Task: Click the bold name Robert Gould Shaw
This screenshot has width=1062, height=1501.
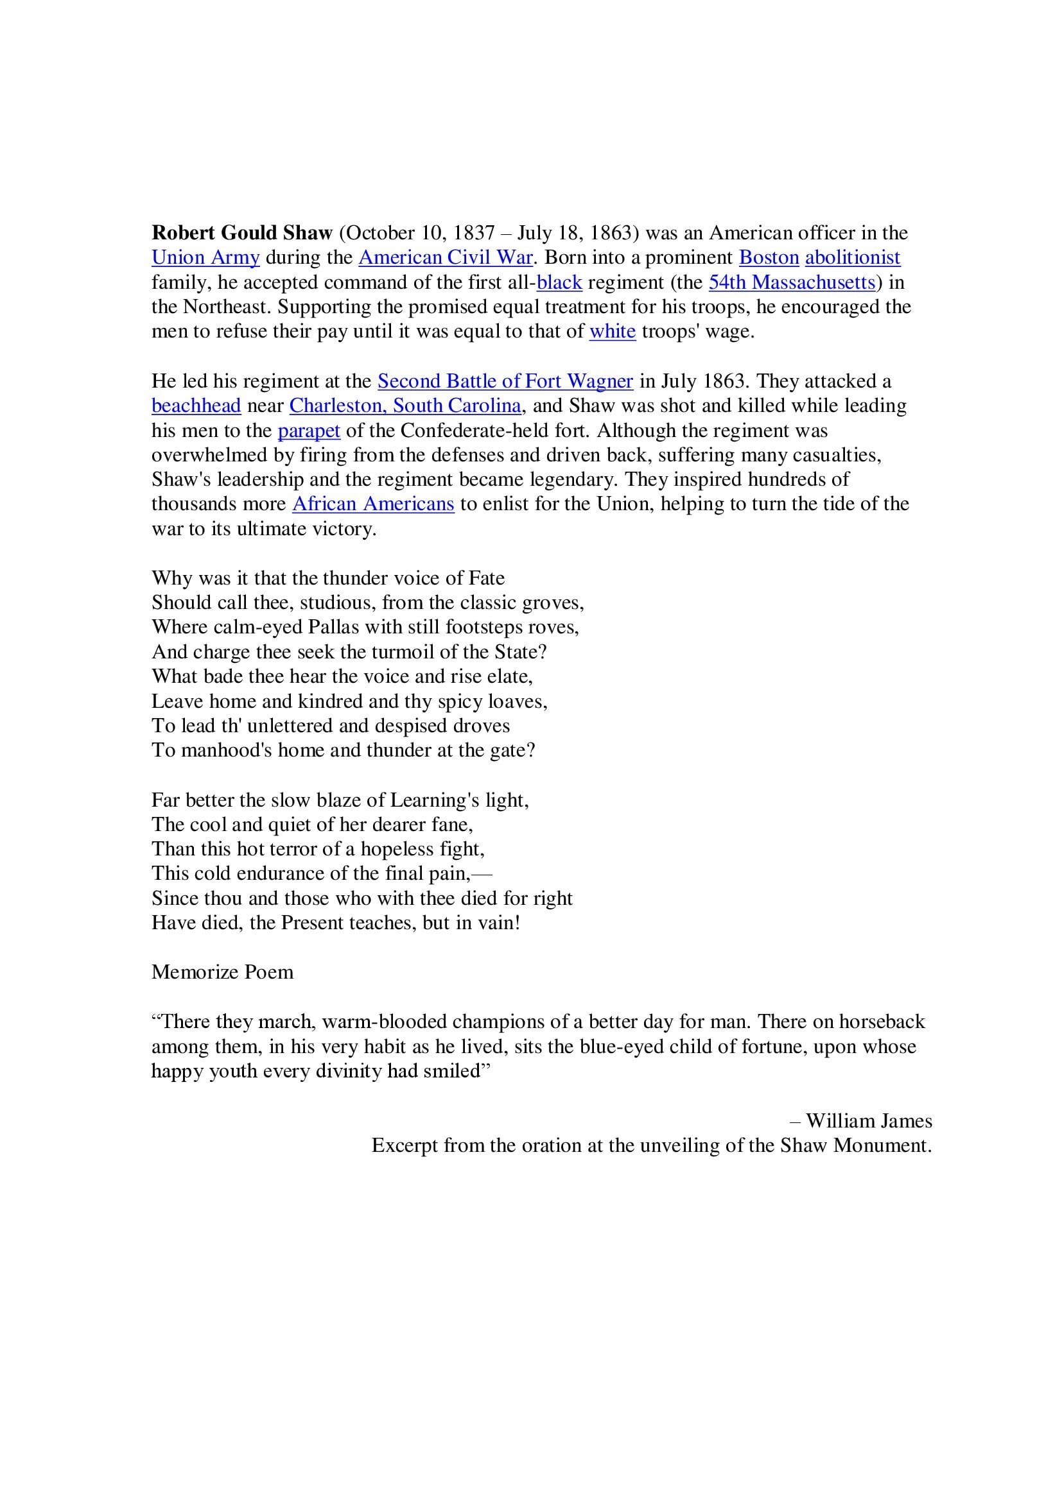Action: pos(242,234)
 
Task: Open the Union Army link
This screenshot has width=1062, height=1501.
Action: pos(205,257)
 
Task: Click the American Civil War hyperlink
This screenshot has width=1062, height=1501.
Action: pos(446,257)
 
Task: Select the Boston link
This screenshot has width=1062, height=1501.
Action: pos(769,257)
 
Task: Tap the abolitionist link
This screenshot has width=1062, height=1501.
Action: pos(852,257)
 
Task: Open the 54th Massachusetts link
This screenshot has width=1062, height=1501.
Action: pos(791,282)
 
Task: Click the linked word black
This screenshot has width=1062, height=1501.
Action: pos(559,282)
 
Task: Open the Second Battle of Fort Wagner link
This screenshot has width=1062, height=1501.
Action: pos(505,381)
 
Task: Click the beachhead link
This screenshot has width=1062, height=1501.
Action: pos(196,406)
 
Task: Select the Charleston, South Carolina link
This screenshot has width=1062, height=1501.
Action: pos(405,406)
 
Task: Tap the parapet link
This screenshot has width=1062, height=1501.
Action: pos(309,431)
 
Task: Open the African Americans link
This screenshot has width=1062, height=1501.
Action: pos(373,504)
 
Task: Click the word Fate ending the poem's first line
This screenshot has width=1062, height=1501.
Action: pos(487,579)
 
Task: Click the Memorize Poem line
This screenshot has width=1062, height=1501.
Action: pos(222,972)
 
